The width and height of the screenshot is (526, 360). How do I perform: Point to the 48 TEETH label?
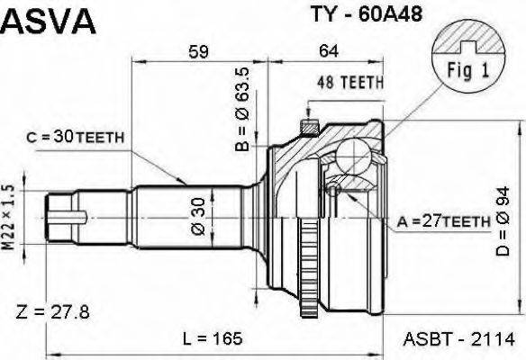350,82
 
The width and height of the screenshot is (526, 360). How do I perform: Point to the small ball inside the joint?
332,189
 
